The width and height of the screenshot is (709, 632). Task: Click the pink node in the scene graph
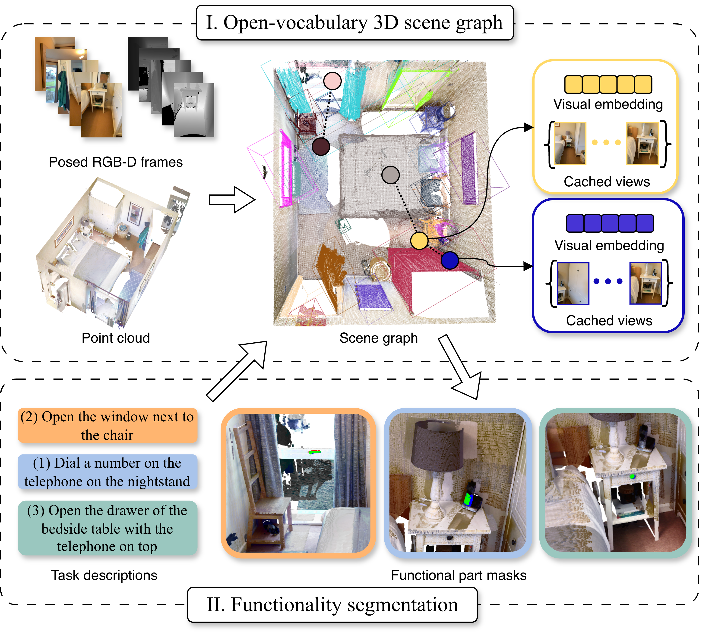point(332,81)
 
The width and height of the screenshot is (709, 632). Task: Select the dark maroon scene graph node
point(320,147)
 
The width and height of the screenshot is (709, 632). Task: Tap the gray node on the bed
point(390,175)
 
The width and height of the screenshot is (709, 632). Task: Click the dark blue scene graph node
point(450,260)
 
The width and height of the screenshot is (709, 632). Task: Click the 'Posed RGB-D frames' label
point(116,162)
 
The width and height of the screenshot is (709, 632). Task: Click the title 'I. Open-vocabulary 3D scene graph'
point(354,23)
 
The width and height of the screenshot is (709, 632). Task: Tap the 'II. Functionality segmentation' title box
point(332,605)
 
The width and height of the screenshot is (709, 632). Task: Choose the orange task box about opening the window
point(108,426)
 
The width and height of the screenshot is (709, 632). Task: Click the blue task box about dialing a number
point(108,472)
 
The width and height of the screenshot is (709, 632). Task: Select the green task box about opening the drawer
point(108,528)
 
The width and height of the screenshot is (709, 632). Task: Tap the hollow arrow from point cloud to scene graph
point(232,200)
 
